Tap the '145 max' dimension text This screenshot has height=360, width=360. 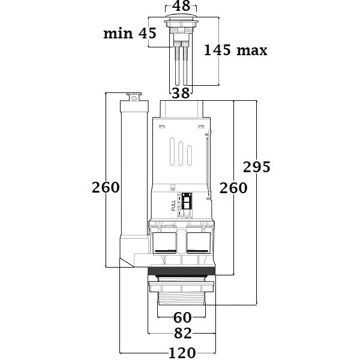tap(235, 50)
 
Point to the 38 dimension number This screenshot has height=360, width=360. tap(181, 92)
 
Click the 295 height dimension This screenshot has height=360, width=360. tap(257, 167)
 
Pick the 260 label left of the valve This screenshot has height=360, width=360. tap(106, 187)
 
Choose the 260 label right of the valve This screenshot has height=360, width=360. tap(233, 188)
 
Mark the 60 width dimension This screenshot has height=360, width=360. tap(182, 317)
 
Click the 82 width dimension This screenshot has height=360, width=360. tap(182, 334)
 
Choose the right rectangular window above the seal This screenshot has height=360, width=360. tap(198, 242)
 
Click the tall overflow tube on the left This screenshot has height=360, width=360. tap(131, 174)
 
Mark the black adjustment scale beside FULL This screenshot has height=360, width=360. tap(186, 202)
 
